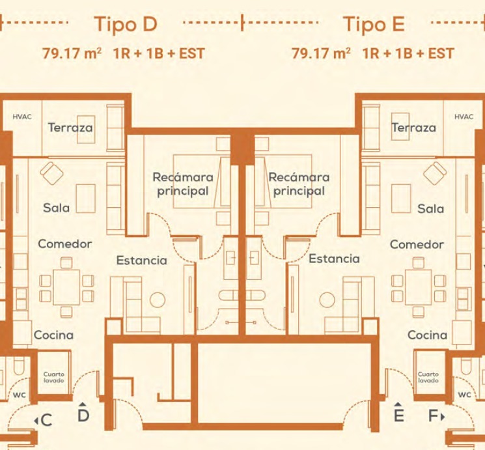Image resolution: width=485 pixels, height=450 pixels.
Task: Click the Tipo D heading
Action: coord(126,24)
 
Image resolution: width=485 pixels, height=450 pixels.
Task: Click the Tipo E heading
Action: coord(374,24)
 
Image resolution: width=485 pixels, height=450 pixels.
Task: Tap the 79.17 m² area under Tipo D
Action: coord(72,53)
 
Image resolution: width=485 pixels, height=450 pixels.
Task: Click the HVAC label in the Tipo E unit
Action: coord(464,117)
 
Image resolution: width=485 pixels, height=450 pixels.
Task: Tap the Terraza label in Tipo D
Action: coord(70,128)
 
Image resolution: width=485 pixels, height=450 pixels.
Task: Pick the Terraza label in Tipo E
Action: coord(414,128)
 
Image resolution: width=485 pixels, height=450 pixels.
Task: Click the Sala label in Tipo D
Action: coord(56,208)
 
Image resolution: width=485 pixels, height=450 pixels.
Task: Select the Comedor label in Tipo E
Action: coord(417,245)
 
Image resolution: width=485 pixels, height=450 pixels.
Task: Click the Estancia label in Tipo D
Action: coord(141,260)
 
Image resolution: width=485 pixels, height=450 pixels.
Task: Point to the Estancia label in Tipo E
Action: coord(334,259)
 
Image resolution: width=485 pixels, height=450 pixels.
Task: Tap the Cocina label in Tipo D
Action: coord(53,335)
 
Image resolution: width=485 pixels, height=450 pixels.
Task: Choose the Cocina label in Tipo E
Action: coord(427,335)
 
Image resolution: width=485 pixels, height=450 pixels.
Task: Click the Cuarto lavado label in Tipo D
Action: coord(53,377)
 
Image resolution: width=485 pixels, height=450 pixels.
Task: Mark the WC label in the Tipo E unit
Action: coord(464,395)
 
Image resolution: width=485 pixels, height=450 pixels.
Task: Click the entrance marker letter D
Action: coord(83,415)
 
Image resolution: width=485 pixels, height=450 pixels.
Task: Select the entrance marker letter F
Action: coord(433,415)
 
